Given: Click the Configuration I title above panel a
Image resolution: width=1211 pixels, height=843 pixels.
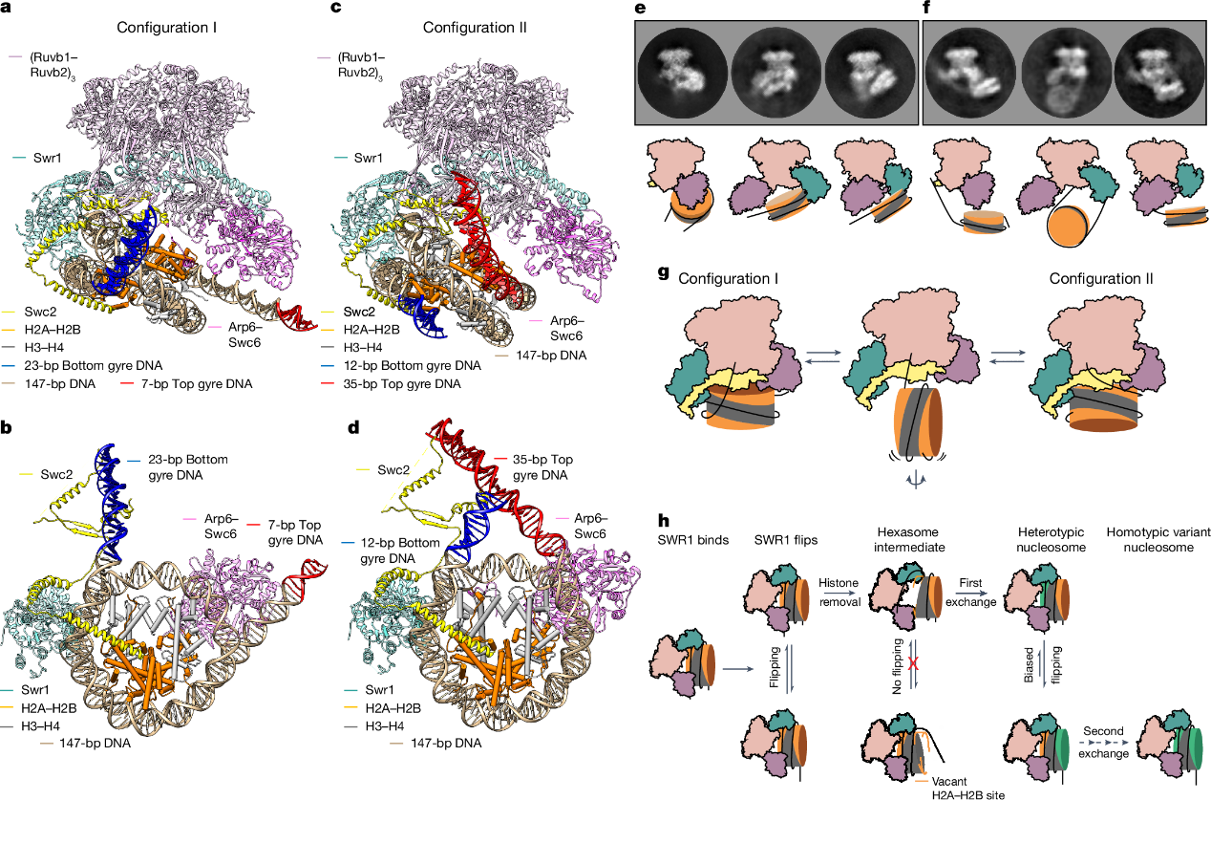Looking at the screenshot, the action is pyautogui.click(x=166, y=28).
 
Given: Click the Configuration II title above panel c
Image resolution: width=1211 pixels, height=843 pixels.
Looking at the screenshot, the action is pyautogui.click(x=475, y=28).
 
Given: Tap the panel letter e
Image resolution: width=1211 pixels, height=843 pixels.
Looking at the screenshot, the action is pyautogui.click(x=641, y=8).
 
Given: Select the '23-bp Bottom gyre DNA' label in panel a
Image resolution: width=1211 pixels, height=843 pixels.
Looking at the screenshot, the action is pyautogui.click(x=93, y=366).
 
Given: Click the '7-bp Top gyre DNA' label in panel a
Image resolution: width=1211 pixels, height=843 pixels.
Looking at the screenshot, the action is pyautogui.click(x=197, y=384).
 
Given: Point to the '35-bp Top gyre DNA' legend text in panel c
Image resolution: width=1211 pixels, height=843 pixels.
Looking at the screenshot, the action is pyautogui.click(x=402, y=384).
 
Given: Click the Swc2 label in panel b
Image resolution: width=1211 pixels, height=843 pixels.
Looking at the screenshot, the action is pyautogui.click(x=56, y=474).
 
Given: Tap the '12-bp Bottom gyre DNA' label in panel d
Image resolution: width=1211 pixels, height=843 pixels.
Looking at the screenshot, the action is pyautogui.click(x=400, y=551).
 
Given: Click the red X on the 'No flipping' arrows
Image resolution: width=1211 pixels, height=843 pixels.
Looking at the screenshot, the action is pyautogui.click(x=913, y=663).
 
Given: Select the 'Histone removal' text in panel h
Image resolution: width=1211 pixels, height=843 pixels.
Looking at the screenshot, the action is pyautogui.click(x=839, y=593).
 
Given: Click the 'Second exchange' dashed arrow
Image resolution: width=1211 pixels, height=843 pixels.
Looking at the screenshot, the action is pyautogui.click(x=1104, y=743).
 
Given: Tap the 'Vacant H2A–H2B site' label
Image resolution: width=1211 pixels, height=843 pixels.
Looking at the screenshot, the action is pyautogui.click(x=967, y=789).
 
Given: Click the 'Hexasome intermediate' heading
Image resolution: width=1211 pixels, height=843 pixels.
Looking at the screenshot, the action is pyautogui.click(x=909, y=539).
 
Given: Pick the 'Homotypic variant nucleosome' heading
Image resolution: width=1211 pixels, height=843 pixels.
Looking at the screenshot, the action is pyautogui.click(x=1158, y=539).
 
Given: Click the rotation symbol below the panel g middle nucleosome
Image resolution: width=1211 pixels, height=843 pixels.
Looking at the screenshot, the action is pyautogui.click(x=915, y=480).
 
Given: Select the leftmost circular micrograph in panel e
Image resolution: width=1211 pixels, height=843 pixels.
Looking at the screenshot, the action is pyautogui.click(x=682, y=73).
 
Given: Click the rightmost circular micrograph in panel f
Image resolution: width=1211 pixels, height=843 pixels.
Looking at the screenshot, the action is pyautogui.click(x=1159, y=73).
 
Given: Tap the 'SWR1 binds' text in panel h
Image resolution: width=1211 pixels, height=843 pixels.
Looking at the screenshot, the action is pyautogui.click(x=693, y=540).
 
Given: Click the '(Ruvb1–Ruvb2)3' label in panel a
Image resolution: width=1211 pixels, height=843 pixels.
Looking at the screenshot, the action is pyautogui.click(x=53, y=65).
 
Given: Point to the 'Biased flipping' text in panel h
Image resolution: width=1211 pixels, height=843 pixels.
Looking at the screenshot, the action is pyautogui.click(x=1042, y=665).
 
